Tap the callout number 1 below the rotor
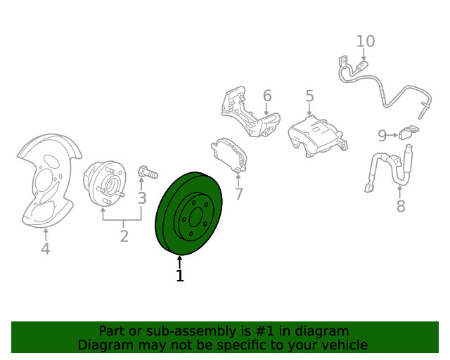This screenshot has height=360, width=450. (180, 276)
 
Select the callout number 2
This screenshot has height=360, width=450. (124, 236)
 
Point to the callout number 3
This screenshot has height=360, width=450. (142, 198)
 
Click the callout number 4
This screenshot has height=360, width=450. (46, 249)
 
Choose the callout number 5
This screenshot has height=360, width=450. (309, 96)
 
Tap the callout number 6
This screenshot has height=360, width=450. (267, 96)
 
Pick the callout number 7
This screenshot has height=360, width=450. (239, 194)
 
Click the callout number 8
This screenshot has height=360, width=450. (401, 206)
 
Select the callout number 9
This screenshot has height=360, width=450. (382, 136)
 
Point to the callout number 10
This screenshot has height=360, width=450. (366, 41)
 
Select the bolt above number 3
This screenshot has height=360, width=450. (148, 172)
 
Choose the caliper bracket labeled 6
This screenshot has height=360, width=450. (250, 112)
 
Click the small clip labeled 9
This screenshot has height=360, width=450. (409, 132)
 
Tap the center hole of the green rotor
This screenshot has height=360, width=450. (196, 217)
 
